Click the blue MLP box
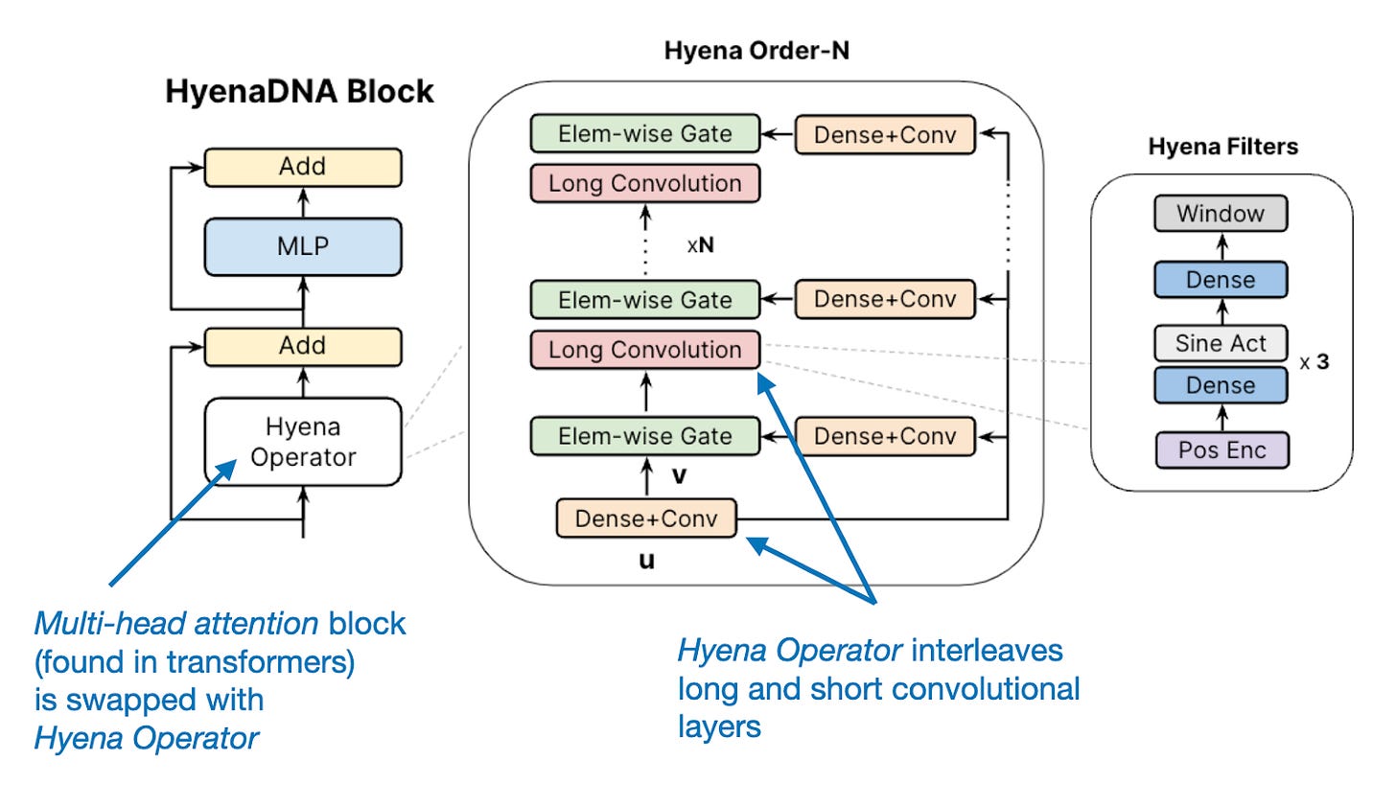(x=302, y=247)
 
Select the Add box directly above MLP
(x=302, y=167)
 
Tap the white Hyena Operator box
(x=302, y=442)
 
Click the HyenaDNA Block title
(x=299, y=91)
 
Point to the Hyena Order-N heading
(x=756, y=51)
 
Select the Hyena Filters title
(x=1222, y=147)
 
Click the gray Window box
(x=1221, y=214)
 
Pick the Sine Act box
(x=1221, y=343)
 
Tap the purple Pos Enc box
(x=1221, y=450)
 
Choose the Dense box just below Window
(x=1221, y=280)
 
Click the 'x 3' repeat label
(x=1315, y=362)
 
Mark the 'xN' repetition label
(x=701, y=245)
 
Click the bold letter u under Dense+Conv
(x=646, y=561)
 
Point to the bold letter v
(x=679, y=476)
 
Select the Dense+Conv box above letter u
(x=646, y=518)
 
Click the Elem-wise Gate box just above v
(x=644, y=436)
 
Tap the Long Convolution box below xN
(x=644, y=350)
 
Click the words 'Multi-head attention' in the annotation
(x=176, y=624)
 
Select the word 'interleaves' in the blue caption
(x=987, y=651)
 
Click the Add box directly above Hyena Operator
(x=302, y=346)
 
